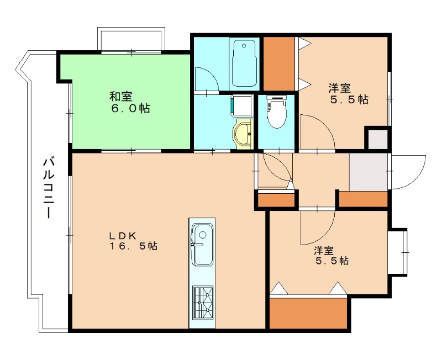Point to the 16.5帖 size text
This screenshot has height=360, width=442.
tap(133, 247)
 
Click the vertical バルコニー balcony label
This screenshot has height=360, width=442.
tap(49, 188)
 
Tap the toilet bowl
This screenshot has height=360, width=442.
tap(276, 113)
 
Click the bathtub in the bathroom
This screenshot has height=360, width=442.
tap(245, 63)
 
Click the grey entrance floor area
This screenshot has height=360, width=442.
tap(369, 171)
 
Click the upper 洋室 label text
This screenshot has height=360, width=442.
tap(340, 87)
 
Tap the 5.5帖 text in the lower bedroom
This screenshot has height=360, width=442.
tap(331, 261)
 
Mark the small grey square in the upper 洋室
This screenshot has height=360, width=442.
tap(378, 139)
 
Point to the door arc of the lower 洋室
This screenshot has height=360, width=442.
tap(312, 229)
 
